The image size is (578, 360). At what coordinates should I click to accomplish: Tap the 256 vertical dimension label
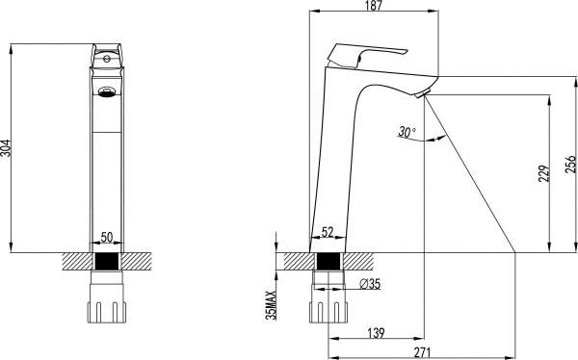tap(569, 166)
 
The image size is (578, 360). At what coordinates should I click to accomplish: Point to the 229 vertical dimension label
tap(543, 173)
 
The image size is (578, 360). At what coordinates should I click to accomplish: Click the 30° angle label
tap(405, 132)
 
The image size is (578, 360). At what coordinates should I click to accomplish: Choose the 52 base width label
tap(328, 232)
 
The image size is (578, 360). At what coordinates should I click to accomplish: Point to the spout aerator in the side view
tap(420, 93)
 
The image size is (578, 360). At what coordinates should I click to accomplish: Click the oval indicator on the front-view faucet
tap(106, 93)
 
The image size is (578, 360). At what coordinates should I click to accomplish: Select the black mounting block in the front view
tap(106, 261)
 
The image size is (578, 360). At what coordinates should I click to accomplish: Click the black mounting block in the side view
tap(328, 261)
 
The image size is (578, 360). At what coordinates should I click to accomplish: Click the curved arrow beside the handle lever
tap(359, 62)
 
